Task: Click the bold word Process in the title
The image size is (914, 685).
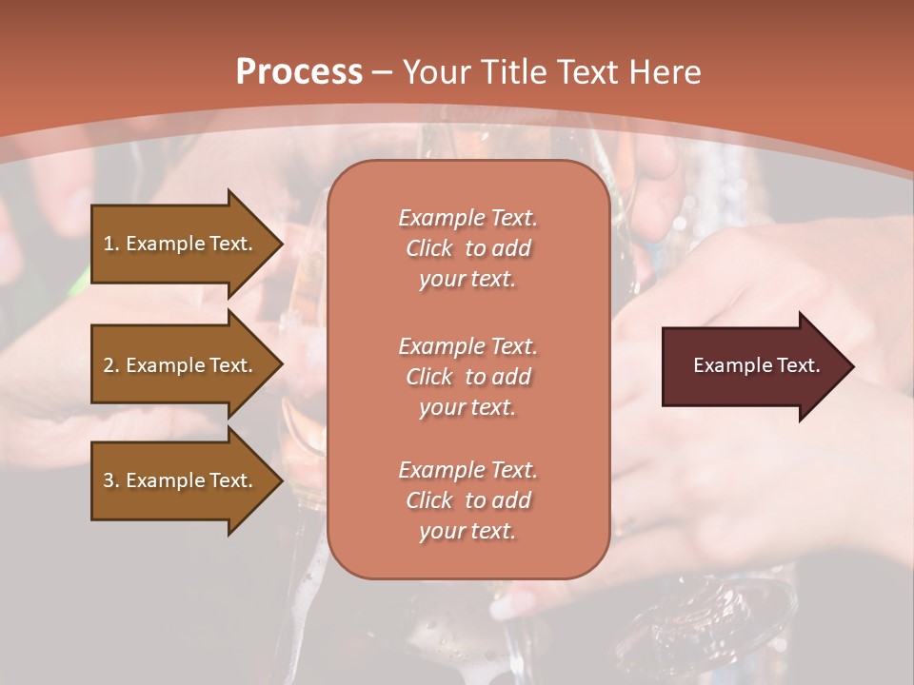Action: click(x=299, y=72)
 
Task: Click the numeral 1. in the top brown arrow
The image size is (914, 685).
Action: click(x=111, y=244)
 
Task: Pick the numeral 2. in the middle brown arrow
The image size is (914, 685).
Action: click(x=111, y=365)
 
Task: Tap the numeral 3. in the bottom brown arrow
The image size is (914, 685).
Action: click(x=111, y=480)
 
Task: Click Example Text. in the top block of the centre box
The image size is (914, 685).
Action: click(x=467, y=218)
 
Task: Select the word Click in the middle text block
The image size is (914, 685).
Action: click(x=429, y=377)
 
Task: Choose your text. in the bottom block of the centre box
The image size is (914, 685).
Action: click(x=467, y=531)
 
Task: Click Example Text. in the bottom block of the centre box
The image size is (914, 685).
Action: click(x=467, y=470)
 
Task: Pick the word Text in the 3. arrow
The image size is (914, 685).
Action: click(x=229, y=480)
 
